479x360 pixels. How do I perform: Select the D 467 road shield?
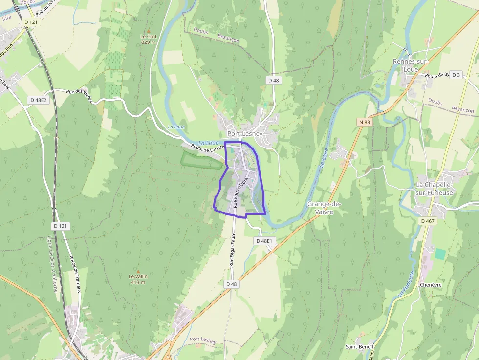coord(427,221)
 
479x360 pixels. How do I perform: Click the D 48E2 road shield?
coord(39,100)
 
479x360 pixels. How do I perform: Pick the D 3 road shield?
coord(456,75)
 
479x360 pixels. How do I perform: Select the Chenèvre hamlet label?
coord(431,285)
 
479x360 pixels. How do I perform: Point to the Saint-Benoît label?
coord(360,347)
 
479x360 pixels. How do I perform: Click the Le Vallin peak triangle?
coord(138,271)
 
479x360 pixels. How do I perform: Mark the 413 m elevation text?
coord(138,282)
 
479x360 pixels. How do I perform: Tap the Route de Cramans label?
coord(75,274)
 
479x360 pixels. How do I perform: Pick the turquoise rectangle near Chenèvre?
coord(440,254)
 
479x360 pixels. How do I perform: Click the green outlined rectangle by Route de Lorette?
coord(201,160)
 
